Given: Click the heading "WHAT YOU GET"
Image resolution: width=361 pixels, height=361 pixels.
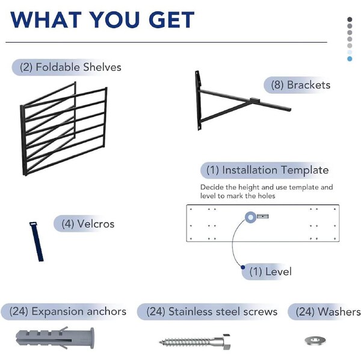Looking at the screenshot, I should click(102, 19).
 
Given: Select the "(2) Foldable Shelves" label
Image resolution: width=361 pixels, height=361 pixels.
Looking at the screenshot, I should click(70, 67).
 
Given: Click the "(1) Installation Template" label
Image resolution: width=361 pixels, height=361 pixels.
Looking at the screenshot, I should click(268, 170).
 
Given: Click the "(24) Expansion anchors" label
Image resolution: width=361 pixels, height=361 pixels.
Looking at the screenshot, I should click(68, 311).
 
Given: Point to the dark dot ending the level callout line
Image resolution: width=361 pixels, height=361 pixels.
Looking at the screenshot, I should click(242, 267).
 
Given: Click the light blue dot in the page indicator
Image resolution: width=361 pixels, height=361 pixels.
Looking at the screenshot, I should click(350, 58).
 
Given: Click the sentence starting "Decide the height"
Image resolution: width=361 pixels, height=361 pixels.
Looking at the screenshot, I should click(266, 192).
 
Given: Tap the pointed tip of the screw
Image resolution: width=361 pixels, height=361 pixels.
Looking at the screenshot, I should click(161, 342).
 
